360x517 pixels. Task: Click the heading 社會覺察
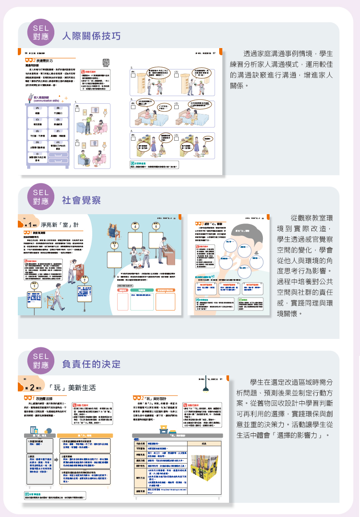point(82,200)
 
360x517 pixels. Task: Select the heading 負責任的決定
point(91,364)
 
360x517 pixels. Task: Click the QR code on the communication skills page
point(106,62)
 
